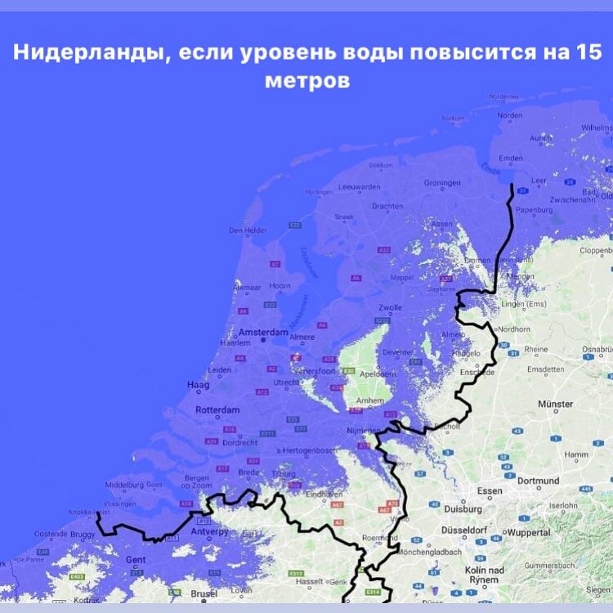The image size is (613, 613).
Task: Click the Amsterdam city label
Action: pyautogui.click(x=264, y=333)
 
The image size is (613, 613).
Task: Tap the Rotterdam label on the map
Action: pyautogui.click(x=217, y=409)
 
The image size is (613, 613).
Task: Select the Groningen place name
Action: pyautogui.click(x=442, y=182)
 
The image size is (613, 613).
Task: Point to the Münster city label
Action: pyautogui.click(x=556, y=405)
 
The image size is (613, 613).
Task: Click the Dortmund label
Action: pyautogui.click(x=537, y=481)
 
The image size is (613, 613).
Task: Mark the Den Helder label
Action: pyautogui.click(x=248, y=230)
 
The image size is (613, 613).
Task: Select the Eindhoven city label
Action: pyautogui.click(x=323, y=494)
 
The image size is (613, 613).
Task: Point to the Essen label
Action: pyautogui.click(x=490, y=490)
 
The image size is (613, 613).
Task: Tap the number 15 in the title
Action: pyautogui.click(x=587, y=55)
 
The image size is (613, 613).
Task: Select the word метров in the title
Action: pyautogui.click(x=306, y=82)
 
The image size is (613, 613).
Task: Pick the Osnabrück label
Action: pyautogui.click(x=595, y=349)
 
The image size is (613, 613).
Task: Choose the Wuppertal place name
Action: pyautogui.click(x=542, y=532)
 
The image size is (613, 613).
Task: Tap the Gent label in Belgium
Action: pyautogui.click(x=136, y=559)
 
